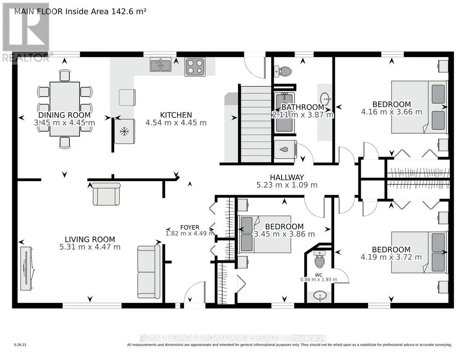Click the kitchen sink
click(x=161, y=64)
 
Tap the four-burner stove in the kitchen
click(x=195, y=67)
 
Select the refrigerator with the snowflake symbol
click(x=125, y=131)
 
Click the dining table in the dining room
click(x=65, y=109)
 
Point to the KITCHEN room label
click(x=176, y=115)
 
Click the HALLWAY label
click(x=287, y=177)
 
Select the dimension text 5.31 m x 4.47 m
click(x=90, y=247)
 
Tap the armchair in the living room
click(x=106, y=194)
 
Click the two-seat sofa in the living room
click(x=149, y=272)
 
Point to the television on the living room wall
click(x=27, y=269)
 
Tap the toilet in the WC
click(x=319, y=259)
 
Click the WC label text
click(x=319, y=275)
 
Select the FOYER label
click(x=190, y=228)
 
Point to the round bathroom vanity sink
click(x=325, y=99)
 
